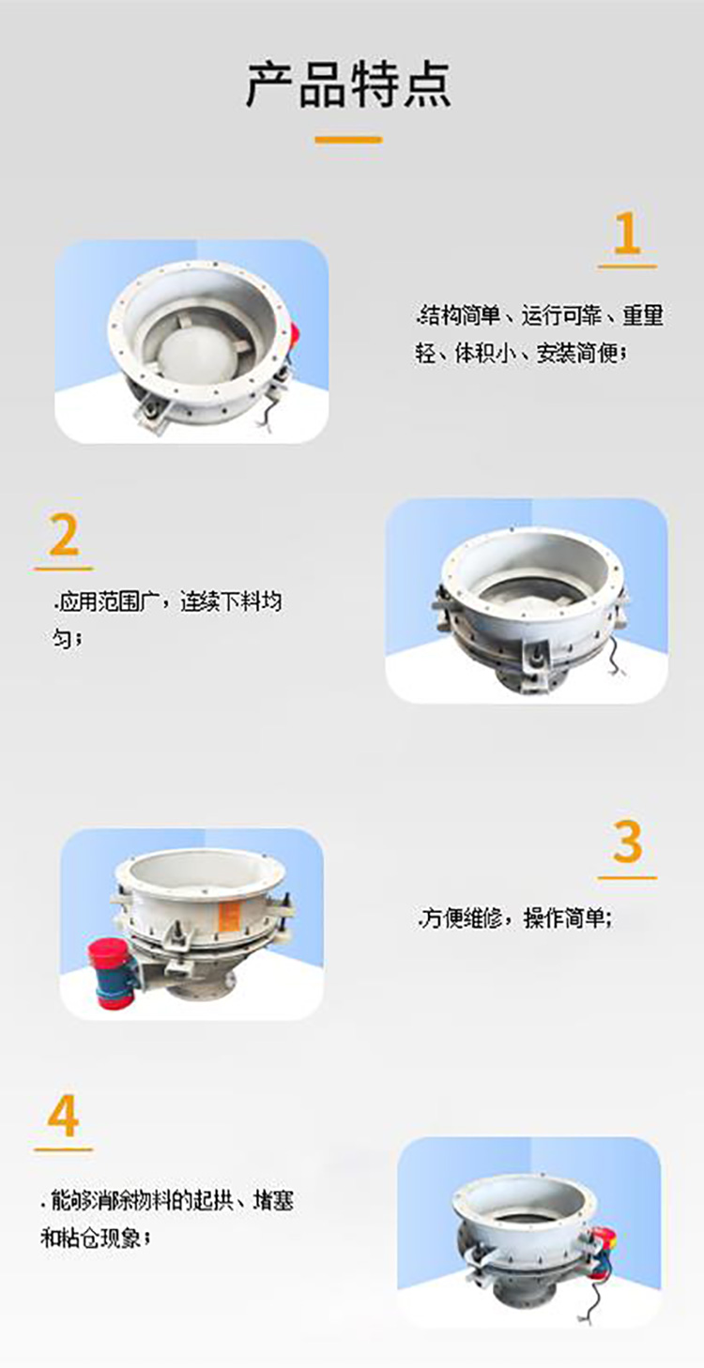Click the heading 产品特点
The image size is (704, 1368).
point(349,84)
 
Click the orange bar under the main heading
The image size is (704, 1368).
point(348,140)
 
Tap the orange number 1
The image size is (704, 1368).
point(626,234)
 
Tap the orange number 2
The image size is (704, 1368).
point(64,536)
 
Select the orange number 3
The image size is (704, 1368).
point(627,843)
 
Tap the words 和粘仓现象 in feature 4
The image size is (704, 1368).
point(94,1238)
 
